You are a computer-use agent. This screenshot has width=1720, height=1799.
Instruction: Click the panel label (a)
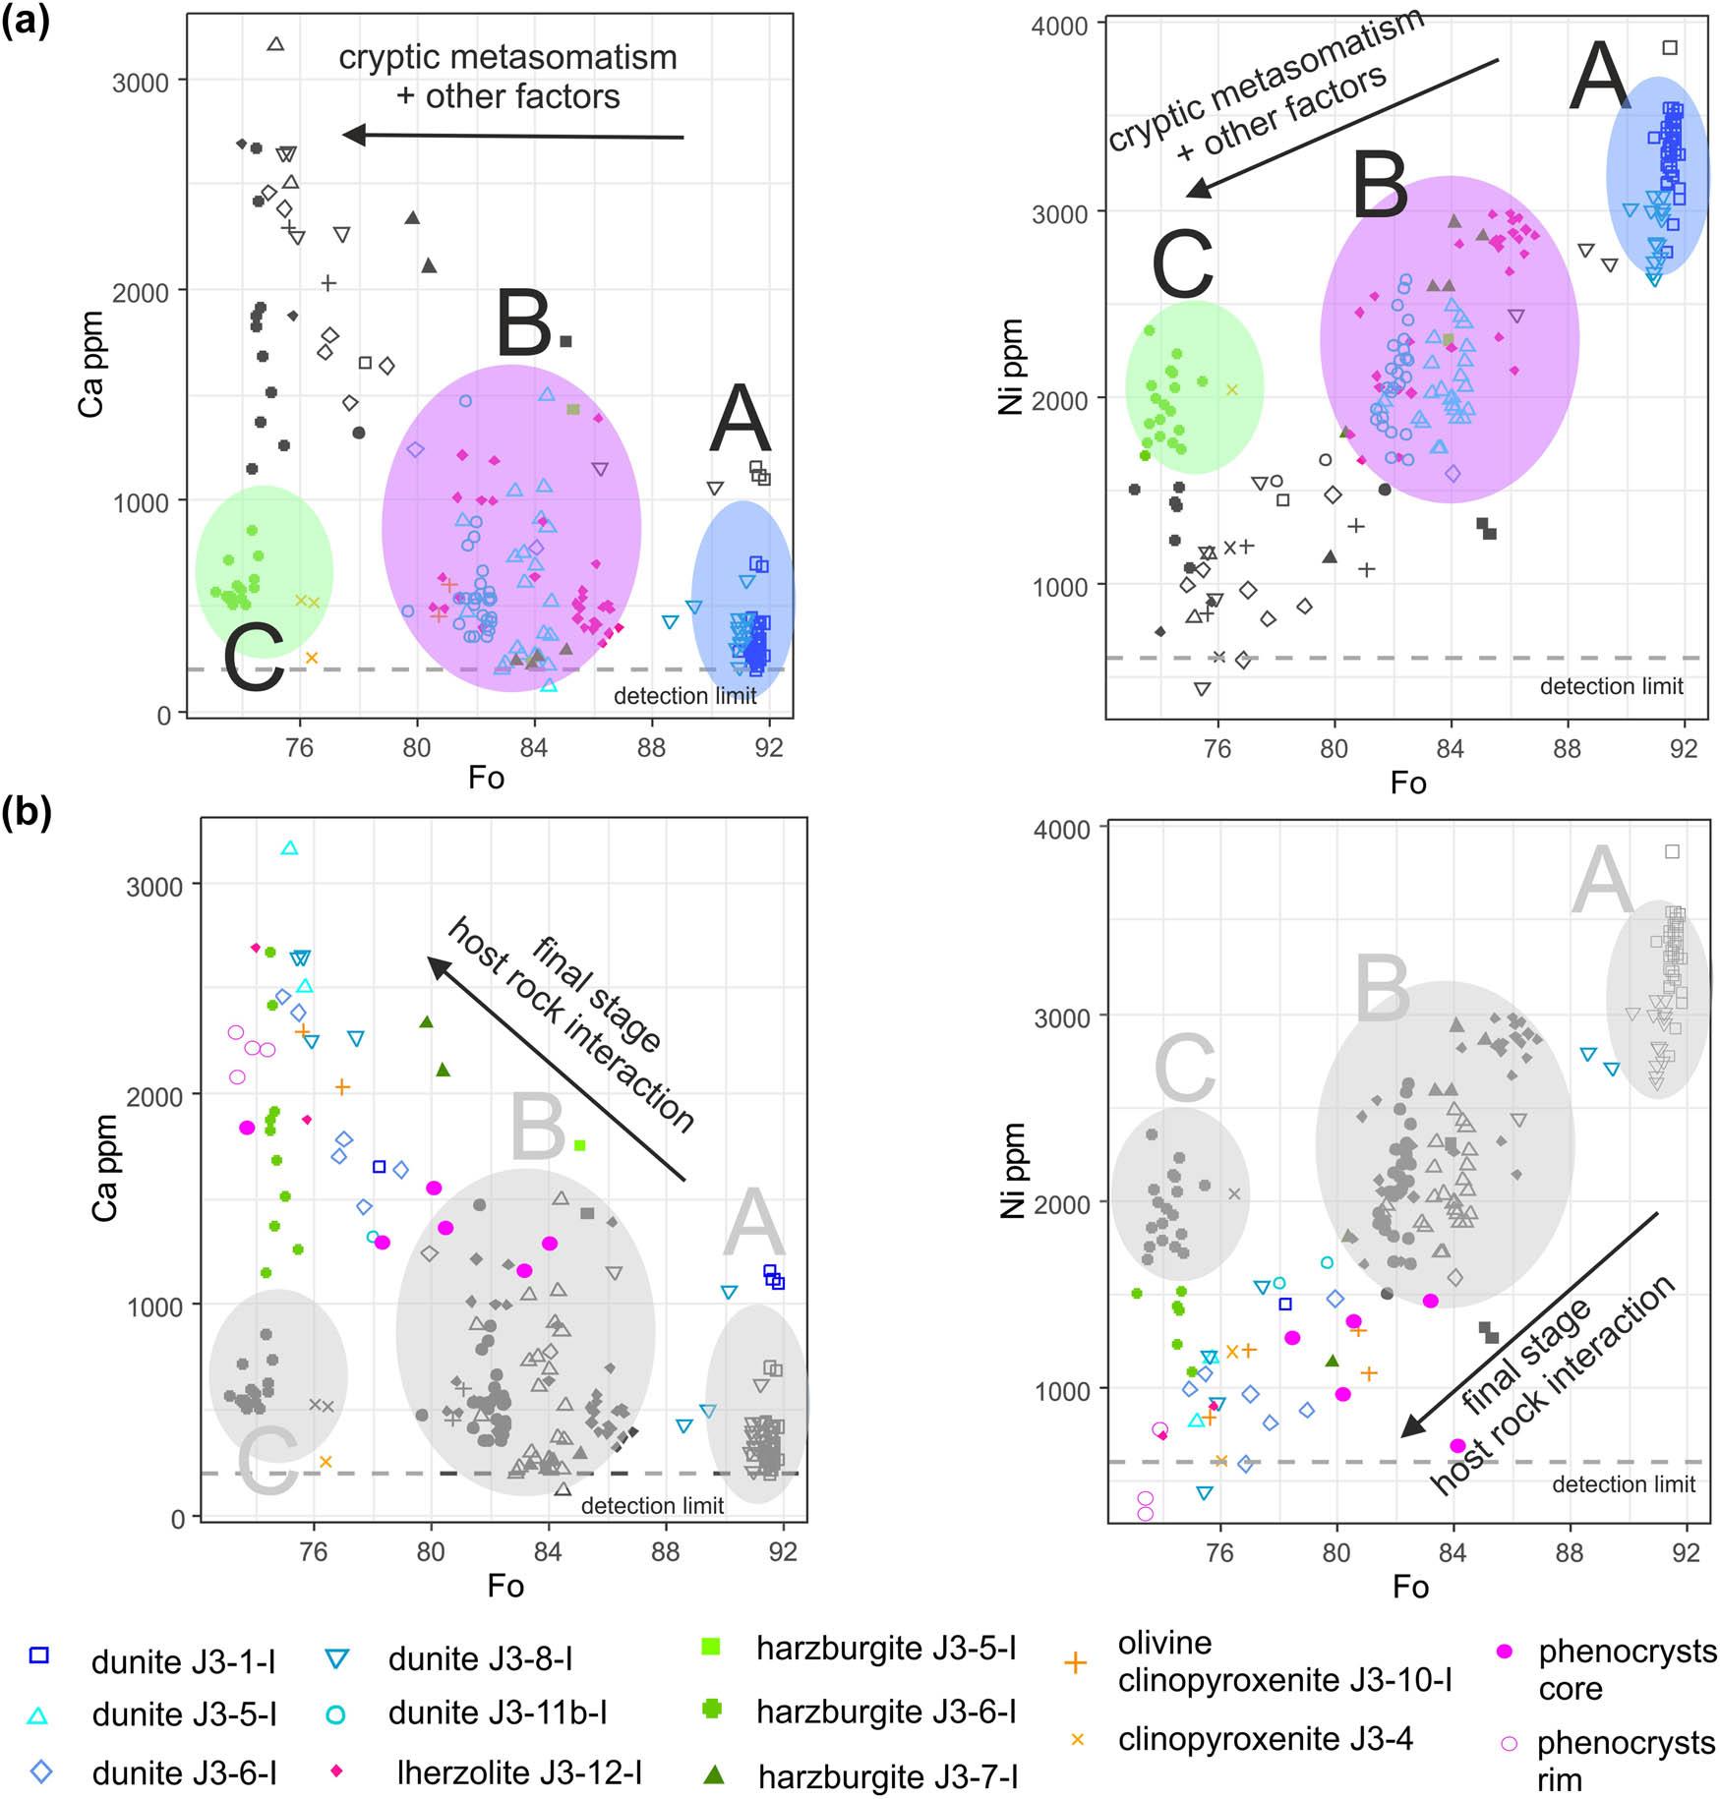click(26, 22)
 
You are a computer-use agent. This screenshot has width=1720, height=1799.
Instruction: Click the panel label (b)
click(26, 814)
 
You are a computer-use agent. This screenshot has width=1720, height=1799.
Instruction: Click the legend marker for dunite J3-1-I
click(39, 1656)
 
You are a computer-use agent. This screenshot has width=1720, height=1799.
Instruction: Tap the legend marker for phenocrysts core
click(1505, 1652)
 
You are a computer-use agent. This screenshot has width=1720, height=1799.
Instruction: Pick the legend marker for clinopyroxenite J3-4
click(1077, 1739)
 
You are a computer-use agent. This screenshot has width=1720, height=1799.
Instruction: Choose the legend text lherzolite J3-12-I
click(519, 1772)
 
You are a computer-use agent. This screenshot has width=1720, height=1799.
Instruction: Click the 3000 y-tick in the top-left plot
click(141, 83)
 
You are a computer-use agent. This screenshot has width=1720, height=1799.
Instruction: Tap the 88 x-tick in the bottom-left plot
click(666, 1551)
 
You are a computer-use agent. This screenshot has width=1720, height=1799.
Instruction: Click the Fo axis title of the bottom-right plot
click(1410, 1587)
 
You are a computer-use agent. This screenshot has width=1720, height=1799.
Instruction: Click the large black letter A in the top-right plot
click(1600, 79)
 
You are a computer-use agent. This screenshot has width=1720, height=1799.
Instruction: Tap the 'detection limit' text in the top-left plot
click(684, 696)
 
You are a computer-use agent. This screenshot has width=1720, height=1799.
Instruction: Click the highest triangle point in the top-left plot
click(276, 44)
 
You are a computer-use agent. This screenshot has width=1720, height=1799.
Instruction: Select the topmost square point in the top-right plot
click(1670, 47)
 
